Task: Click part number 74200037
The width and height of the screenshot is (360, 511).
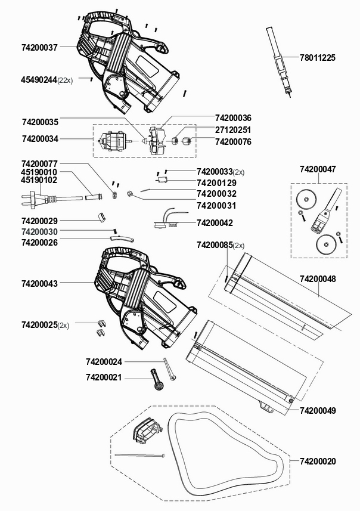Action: [39, 48]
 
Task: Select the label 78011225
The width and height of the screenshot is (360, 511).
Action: [317, 58]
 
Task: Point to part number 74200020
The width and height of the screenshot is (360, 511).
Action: [318, 462]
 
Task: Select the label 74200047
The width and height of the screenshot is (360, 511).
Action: [318, 169]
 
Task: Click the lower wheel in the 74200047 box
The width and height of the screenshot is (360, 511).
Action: [324, 244]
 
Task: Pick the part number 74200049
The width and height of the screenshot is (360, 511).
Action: [318, 411]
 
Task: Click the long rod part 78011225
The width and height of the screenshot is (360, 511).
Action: [279, 61]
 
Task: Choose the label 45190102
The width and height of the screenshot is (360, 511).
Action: [39, 180]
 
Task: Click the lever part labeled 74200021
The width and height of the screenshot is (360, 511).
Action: [156, 379]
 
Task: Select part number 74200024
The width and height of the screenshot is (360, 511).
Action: [104, 362]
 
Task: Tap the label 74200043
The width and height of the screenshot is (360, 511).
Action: [39, 284]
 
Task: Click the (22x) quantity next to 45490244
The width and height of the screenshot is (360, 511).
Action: [65, 80]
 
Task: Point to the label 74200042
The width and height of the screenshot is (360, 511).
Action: [215, 223]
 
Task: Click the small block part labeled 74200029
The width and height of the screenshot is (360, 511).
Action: [102, 218]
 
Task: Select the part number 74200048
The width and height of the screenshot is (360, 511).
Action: [318, 279]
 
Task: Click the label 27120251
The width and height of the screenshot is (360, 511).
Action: [233, 130]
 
